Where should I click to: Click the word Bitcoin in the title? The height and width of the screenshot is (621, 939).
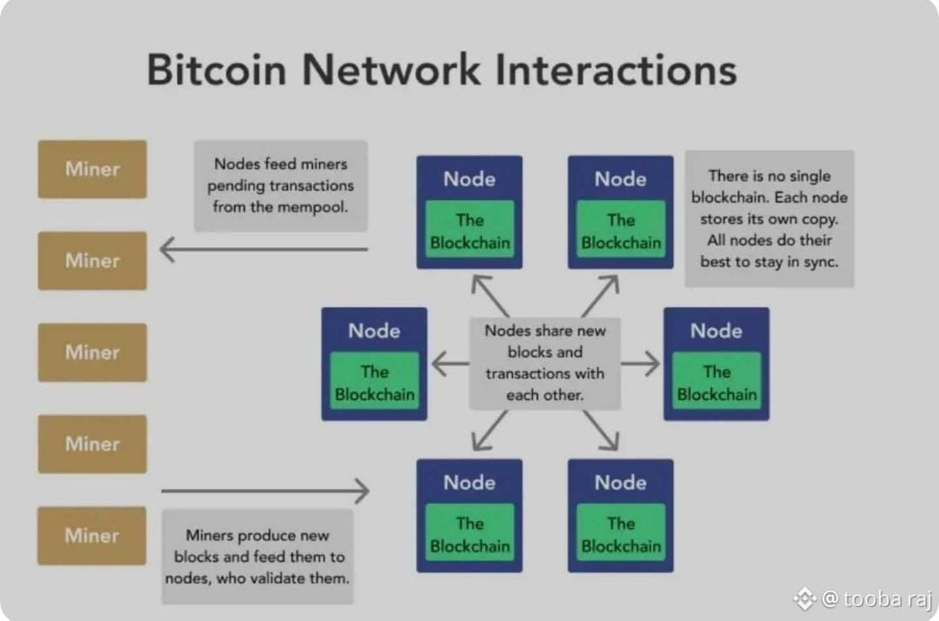click(x=216, y=70)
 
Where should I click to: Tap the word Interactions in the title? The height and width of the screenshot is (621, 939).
click(x=616, y=70)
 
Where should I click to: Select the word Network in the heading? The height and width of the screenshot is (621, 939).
click(x=391, y=70)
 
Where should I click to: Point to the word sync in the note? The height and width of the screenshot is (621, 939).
click(x=821, y=263)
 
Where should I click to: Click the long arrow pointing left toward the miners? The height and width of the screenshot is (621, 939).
click(x=263, y=249)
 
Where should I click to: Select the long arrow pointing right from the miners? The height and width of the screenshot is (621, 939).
click(x=265, y=491)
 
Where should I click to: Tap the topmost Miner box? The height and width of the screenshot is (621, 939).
click(x=92, y=170)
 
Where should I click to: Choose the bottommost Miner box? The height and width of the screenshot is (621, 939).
click(x=91, y=536)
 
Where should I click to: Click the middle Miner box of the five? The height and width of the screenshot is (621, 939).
click(x=92, y=353)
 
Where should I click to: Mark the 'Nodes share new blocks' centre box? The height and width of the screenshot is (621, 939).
click(x=545, y=363)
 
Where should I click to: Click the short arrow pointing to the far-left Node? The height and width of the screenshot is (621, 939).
click(x=450, y=364)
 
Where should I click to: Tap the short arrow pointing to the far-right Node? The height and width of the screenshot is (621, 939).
click(x=641, y=364)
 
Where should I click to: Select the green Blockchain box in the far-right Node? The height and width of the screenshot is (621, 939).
click(x=716, y=381)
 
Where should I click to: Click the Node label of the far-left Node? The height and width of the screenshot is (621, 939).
click(x=374, y=331)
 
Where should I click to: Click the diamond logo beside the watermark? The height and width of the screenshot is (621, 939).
click(x=804, y=598)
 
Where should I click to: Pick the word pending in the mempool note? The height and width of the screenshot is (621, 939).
click(x=234, y=186)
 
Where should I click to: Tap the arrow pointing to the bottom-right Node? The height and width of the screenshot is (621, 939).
click(x=601, y=431)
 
